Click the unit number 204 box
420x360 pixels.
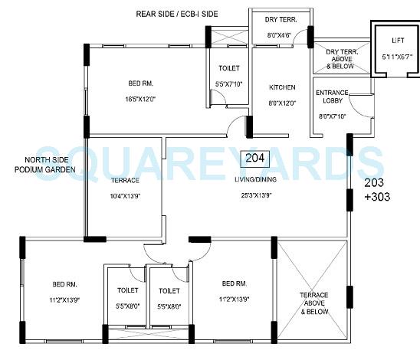(x=254, y=159)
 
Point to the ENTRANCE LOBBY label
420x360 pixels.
(x=333, y=97)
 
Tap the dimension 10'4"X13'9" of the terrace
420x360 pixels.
(x=124, y=195)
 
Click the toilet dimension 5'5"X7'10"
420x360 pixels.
(x=228, y=83)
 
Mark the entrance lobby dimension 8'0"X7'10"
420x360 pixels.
(x=332, y=116)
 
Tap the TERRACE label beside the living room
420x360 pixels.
(x=124, y=180)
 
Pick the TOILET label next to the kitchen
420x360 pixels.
(x=228, y=68)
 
